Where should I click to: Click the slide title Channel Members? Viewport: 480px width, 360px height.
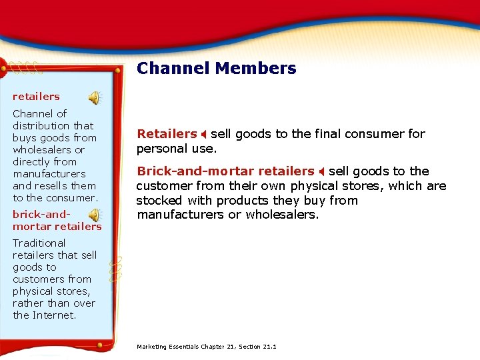[216, 69]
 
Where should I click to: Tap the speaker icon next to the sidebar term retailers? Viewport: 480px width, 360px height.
[95, 98]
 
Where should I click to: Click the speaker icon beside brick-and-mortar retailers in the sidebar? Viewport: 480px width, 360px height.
[95, 215]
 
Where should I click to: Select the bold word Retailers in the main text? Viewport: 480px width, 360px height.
[167, 134]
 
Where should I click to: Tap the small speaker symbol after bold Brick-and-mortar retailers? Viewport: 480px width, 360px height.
[321, 172]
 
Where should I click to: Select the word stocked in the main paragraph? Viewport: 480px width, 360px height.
[158, 201]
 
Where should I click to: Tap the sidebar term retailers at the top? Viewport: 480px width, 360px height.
[36, 97]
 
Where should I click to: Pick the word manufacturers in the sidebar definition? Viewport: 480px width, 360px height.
[49, 174]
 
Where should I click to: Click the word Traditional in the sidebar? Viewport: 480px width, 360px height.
[39, 243]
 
